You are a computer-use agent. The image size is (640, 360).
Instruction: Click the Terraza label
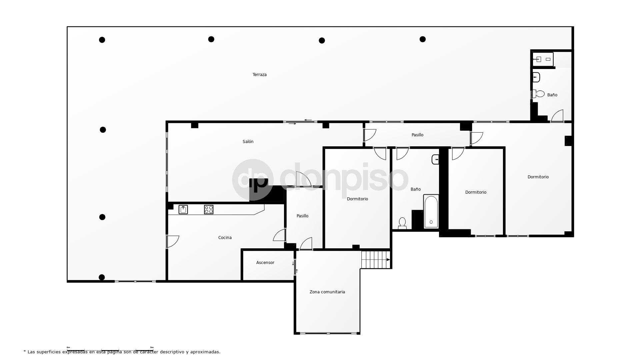pos(259,75)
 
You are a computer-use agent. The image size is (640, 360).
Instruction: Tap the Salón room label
pos(248,142)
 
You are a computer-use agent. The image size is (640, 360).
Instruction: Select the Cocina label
pos(225,238)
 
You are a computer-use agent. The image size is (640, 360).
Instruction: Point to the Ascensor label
pos(265,263)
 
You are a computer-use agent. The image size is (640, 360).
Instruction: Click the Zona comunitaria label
pos(327,292)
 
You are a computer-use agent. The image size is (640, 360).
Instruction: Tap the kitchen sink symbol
pos(183,209)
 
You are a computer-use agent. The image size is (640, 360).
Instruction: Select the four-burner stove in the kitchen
pos(209,209)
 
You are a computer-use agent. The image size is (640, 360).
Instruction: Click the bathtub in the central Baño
pos(431,212)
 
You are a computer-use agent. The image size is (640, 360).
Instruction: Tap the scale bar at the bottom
pos(110,349)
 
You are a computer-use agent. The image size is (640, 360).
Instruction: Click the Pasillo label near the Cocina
pos(302,216)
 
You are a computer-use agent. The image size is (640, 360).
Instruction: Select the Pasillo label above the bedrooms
pos(417,135)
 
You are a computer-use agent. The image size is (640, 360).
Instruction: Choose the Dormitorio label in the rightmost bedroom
pos(538,177)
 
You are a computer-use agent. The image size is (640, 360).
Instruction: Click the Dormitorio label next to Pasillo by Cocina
pos(357,199)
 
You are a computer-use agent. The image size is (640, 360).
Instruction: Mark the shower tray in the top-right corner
pos(543,59)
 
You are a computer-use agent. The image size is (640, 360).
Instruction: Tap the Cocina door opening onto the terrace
pos(172,241)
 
